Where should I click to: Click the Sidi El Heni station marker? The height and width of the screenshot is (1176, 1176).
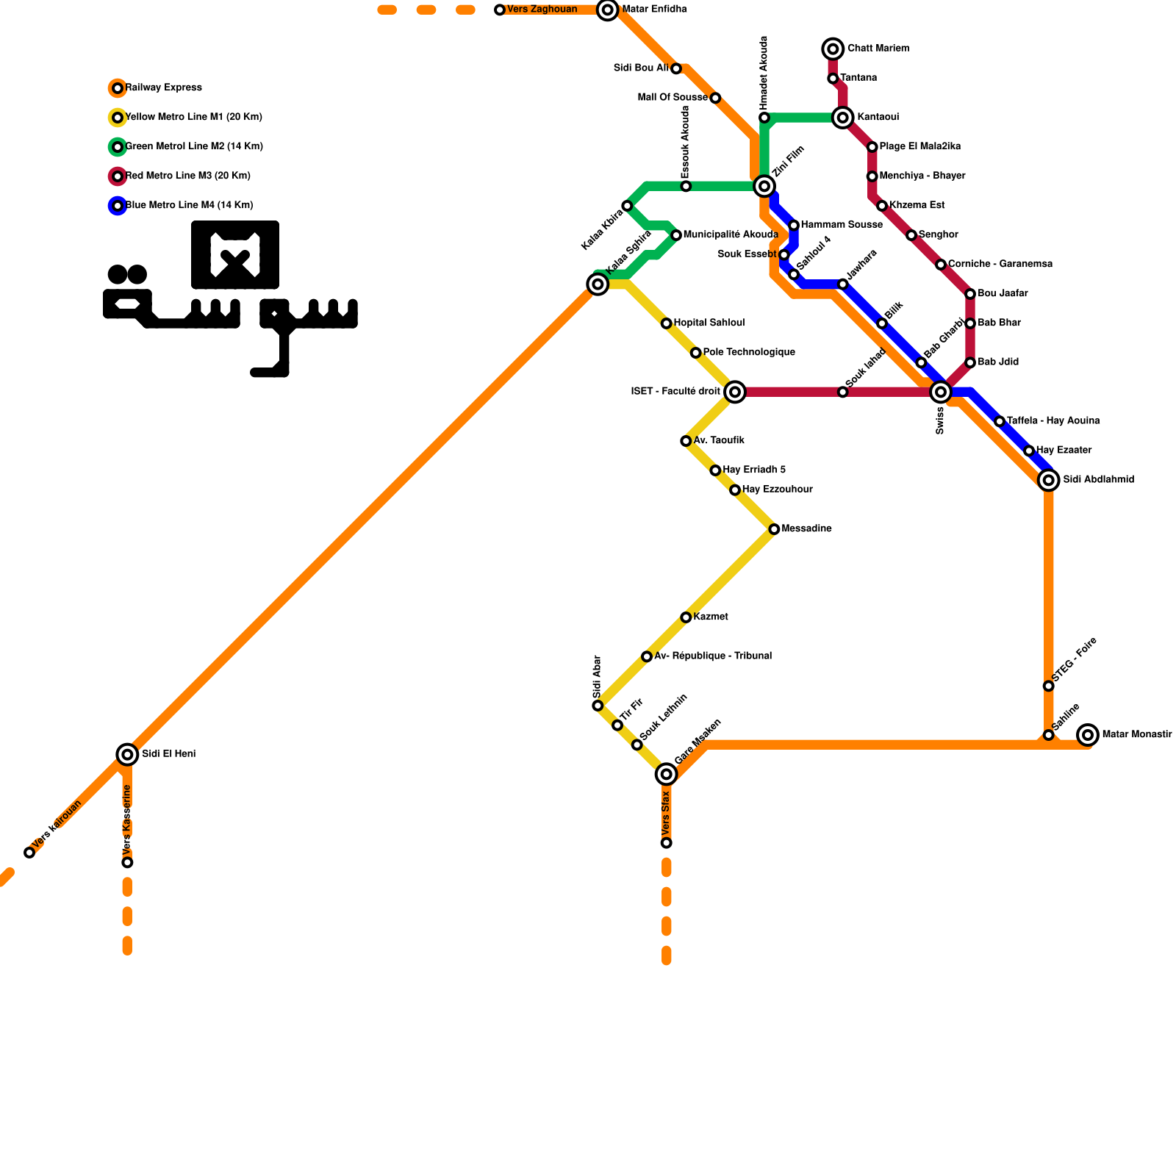127,753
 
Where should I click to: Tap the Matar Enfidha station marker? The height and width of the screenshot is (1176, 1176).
607,10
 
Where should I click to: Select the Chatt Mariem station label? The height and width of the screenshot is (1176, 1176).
878,49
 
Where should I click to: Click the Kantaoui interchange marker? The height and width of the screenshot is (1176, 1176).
843,118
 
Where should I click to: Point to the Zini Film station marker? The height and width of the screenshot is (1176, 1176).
764,186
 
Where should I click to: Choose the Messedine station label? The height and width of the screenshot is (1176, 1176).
806,529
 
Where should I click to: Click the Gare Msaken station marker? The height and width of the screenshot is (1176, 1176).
666,773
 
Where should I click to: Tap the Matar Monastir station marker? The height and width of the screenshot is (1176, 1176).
1088,734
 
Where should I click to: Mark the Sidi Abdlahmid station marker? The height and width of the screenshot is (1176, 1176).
1049,480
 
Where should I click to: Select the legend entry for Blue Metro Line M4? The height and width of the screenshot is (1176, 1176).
189,206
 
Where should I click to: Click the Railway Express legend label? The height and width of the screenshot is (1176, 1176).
163,88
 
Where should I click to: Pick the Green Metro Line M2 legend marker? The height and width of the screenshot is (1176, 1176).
118,147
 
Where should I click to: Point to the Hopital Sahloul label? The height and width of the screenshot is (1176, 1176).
709,323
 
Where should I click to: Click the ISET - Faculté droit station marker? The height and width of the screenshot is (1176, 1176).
735,392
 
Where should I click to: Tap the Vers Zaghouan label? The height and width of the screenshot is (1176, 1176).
542,10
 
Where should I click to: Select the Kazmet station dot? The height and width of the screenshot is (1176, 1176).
686,617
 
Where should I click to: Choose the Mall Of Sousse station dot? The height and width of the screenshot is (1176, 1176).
715,98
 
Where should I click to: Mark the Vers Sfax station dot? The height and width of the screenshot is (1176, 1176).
666,843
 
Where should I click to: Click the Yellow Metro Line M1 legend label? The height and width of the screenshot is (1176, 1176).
193,118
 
